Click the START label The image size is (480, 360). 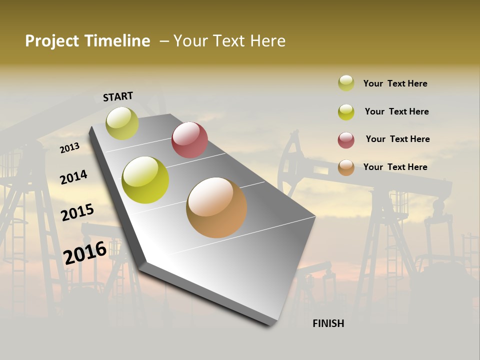118,96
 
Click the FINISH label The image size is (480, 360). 328,323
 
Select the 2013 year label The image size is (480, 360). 69,148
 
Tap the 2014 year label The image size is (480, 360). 73,177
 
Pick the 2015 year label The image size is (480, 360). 77,212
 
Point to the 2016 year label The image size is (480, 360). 85,252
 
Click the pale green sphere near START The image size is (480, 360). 122,123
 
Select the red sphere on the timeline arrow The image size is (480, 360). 189,140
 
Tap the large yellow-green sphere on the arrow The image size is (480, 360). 145,180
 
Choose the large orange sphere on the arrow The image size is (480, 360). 216,207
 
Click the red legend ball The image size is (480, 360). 346,140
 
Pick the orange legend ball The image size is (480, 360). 346,167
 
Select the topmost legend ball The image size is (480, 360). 346,83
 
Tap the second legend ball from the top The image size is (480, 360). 346,112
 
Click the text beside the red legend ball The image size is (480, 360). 397,139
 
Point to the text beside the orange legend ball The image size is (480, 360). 395,167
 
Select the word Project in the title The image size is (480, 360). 52,41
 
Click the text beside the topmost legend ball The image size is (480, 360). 395,83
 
